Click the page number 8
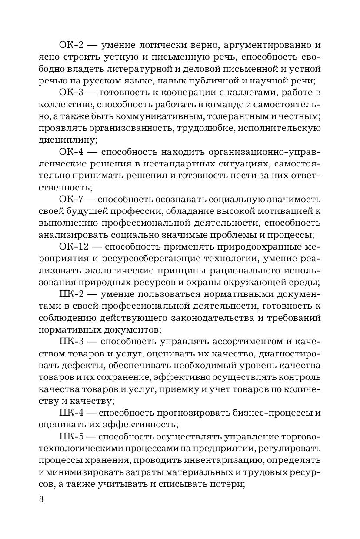coord(41,499)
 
